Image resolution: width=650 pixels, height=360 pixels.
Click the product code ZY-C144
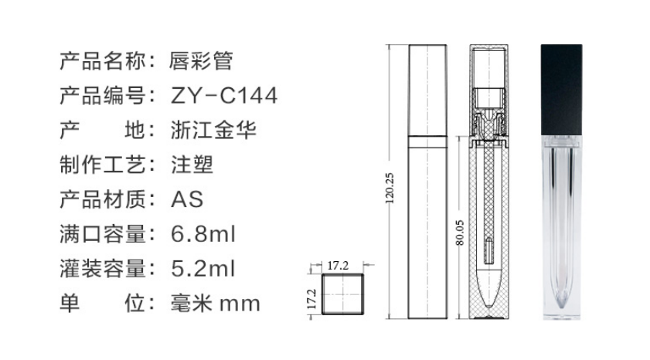click(224, 95)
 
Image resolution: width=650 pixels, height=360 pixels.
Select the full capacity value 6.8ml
click(203, 234)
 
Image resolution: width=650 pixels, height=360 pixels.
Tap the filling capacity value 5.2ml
click(203, 268)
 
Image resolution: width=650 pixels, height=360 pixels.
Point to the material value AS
click(187, 199)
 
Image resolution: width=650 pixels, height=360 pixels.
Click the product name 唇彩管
click(201, 61)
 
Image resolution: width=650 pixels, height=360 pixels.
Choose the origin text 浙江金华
click(213, 130)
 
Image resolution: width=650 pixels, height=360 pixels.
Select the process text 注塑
click(192, 165)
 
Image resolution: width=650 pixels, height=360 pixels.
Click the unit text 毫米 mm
click(215, 304)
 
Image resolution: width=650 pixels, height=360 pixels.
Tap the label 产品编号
click(103, 95)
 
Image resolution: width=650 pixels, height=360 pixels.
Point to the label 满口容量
click(103, 234)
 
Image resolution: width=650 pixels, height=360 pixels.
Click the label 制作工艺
click(103, 165)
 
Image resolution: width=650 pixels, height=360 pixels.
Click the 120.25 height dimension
click(390, 188)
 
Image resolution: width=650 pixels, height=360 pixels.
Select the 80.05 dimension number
click(460, 233)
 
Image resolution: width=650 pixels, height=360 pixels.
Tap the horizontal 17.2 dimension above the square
click(338, 266)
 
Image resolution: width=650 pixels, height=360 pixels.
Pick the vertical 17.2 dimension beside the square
click(311, 299)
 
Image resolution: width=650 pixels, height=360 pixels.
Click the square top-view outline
click(343, 274)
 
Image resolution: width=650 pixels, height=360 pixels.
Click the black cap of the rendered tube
click(561, 90)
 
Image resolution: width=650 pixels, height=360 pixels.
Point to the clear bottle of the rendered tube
click(561, 227)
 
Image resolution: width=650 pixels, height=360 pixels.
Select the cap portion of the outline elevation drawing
click(428, 90)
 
